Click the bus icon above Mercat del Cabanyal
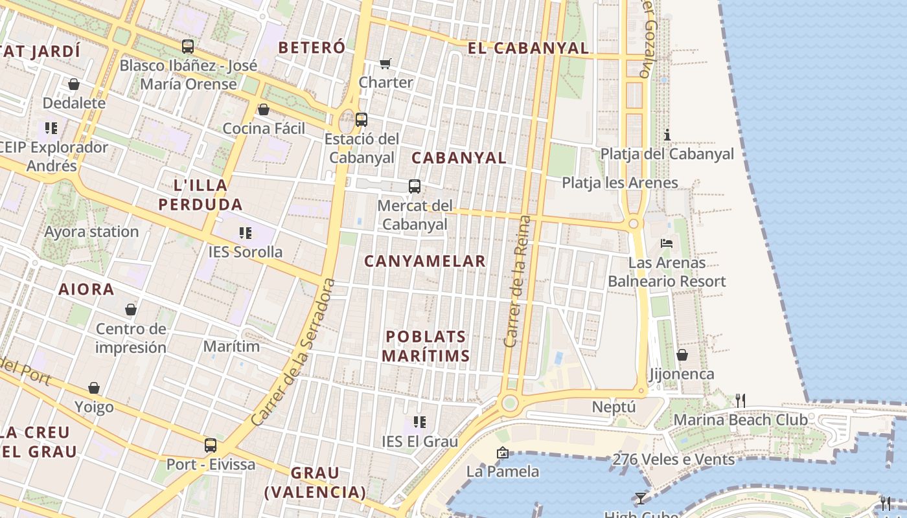pos(415,186)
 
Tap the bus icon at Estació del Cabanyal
pos(362,120)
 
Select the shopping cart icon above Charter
pos(385,63)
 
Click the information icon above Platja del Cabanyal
pos(667,135)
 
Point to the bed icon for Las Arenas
pos(667,243)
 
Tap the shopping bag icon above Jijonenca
pos(682,355)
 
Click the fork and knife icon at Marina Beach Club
pos(741,401)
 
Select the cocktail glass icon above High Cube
pos(641,498)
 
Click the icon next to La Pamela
pos(502,453)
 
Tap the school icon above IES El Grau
pos(420,422)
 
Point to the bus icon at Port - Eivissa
pos(211,445)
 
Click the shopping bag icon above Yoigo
pos(94,388)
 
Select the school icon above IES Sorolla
pos(245,232)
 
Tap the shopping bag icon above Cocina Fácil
pos(264,109)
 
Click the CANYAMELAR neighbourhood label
pos(425,262)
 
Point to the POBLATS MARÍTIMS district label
pos(426,346)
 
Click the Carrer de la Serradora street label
pos(294,352)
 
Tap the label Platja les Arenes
pos(620,183)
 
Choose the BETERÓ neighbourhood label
pos(312,47)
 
